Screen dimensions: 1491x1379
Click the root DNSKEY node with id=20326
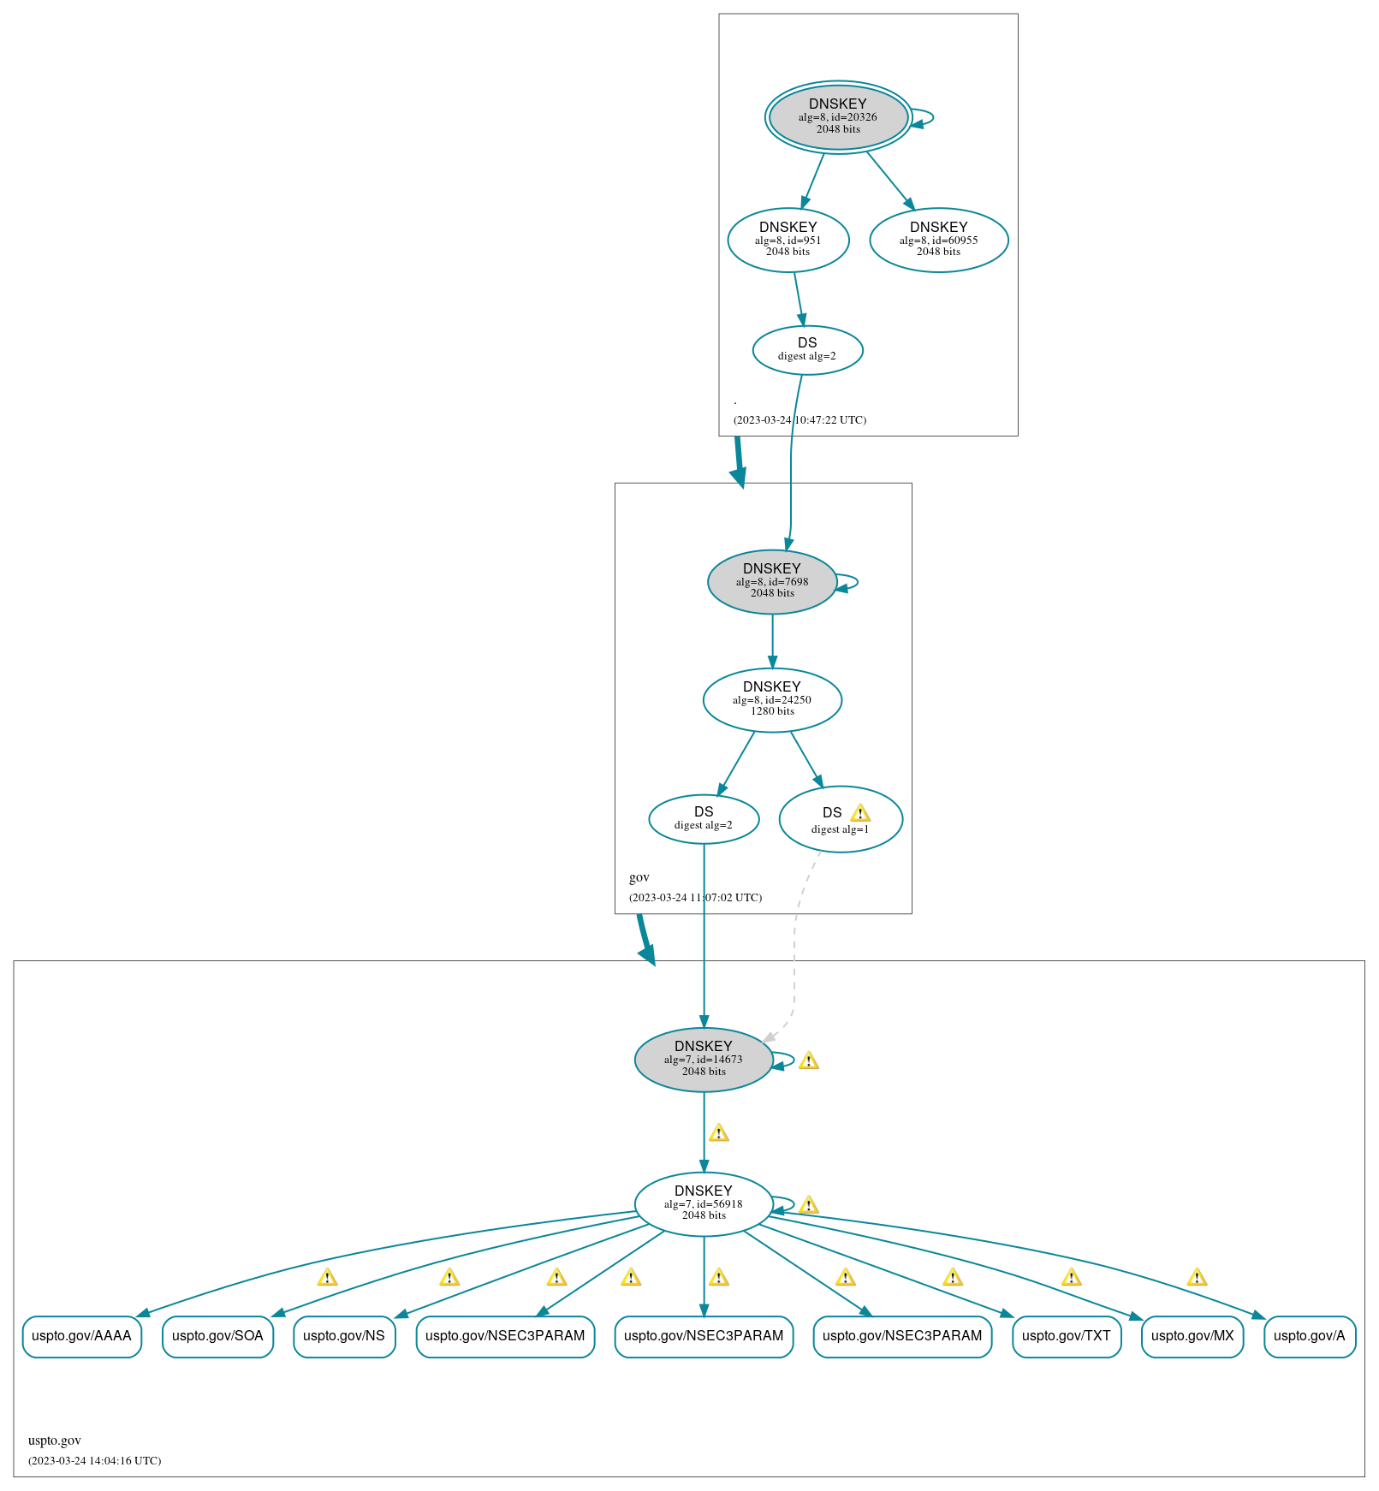838,117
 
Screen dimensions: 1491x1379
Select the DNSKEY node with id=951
788,240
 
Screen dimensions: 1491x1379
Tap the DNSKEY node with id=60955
938,240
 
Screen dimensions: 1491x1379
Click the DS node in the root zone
807,349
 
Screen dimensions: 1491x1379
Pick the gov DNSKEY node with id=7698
772,581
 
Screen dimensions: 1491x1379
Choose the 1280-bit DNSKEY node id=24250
772,699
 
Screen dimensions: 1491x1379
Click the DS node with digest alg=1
840,819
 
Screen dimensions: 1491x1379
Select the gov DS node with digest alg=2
704,819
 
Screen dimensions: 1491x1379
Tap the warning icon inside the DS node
860,813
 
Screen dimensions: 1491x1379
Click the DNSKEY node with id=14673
704,1059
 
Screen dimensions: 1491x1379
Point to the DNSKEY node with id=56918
704,1203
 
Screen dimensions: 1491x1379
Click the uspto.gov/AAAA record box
82,1336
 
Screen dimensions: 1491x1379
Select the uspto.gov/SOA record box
217,1336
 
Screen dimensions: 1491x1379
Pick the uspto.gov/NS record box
344,1336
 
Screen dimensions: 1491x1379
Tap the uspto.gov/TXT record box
1066,1336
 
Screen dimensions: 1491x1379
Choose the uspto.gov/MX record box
1192,1336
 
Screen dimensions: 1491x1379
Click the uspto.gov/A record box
1309,1336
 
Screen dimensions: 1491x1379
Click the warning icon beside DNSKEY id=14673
809,1061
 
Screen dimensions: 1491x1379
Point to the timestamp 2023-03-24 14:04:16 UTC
95,1461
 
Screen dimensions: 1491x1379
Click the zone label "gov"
639,877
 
